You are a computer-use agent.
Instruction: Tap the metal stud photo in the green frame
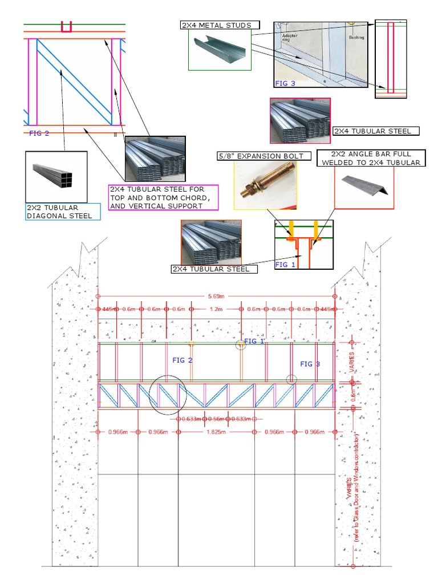[220, 50]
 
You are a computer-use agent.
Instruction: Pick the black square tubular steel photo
[56, 175]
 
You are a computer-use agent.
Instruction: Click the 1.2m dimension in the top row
[216, 309]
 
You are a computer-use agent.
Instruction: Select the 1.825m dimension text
[216, 432]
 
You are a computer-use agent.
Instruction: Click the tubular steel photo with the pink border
[300, 120]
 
